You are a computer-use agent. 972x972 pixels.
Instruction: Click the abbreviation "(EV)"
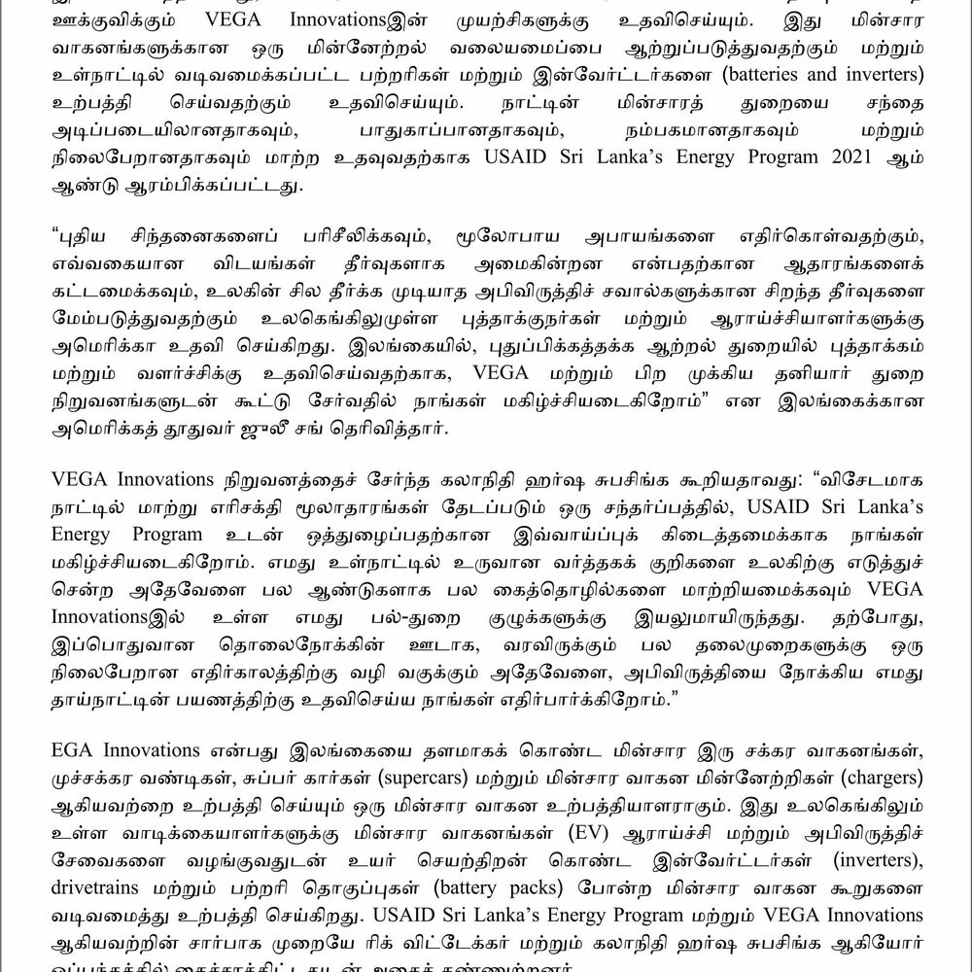click(x=598, y=834)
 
